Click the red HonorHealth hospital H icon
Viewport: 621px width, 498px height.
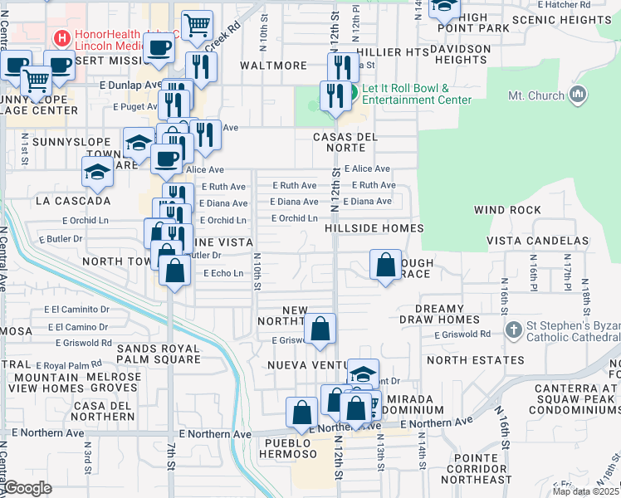(x=60, y=38)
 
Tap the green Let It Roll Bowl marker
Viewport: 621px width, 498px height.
(x=353, y=93)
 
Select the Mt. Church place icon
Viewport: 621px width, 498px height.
(x=579, y=95)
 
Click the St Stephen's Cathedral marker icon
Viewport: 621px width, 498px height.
(x=514, y=329)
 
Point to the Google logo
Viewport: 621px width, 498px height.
(x=27, y=488)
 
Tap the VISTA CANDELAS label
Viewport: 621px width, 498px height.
(x=536, y=240)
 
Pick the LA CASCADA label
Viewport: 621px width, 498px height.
(x=73, y=201)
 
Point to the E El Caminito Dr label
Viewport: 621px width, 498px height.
(x=81, y=309)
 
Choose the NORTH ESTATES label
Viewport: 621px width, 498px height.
(x=476, y=360)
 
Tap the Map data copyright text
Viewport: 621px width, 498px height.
(x=585, y=491)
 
